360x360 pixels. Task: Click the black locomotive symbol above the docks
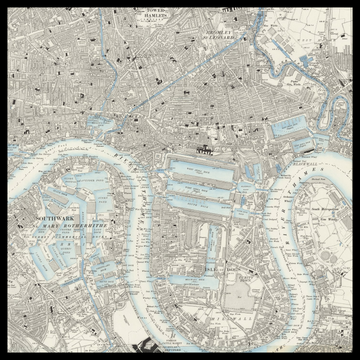[x=205, y=149]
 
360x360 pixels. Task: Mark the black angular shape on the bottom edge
[x=150, y=348]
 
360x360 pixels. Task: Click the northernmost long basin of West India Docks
[x=205, y=164]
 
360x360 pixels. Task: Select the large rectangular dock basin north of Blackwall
[x=289, y=125]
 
